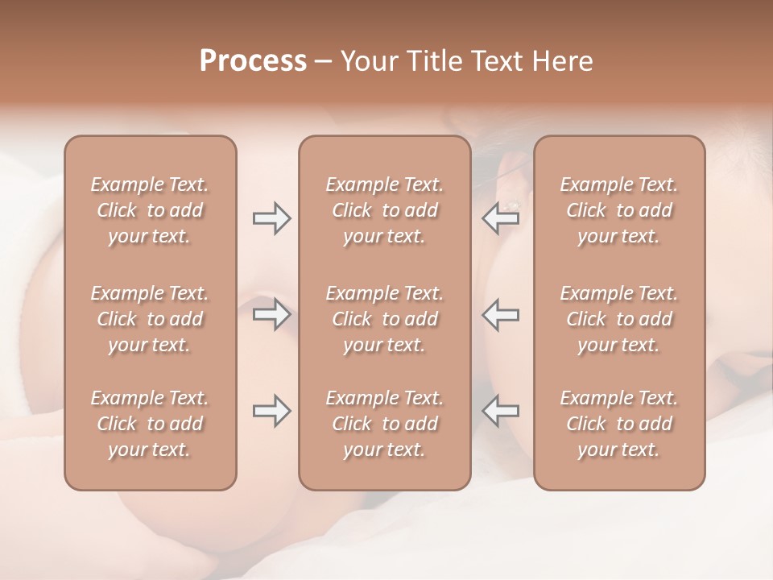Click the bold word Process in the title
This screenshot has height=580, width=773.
[x=253, y=61]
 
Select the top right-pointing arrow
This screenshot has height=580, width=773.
[x=271, y=218]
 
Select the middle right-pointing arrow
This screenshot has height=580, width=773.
[x=271, y=314]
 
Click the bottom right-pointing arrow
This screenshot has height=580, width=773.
[x=271, y=411]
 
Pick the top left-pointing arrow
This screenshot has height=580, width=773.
[x=501, y=218]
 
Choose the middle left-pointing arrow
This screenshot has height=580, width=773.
[x=501, y=314]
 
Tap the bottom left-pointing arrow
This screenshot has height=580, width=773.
[x=501, y=411]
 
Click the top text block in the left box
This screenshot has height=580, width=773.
[x=150, y=210]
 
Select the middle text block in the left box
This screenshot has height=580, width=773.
[x=150, y=319]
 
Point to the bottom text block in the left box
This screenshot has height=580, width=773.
[x=150, y=424]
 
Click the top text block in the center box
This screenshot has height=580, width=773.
[x=384, y=210]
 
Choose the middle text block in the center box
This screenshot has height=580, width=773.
[x=384, y=319]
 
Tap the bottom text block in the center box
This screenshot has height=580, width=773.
[x=384, y=424]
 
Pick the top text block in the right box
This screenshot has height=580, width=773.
[x=618, y=210]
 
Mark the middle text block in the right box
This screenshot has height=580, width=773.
[x=618, y=319]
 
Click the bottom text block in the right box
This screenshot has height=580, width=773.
[x=618, y=424]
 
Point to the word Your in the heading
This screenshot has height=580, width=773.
[x=366, y=61]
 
